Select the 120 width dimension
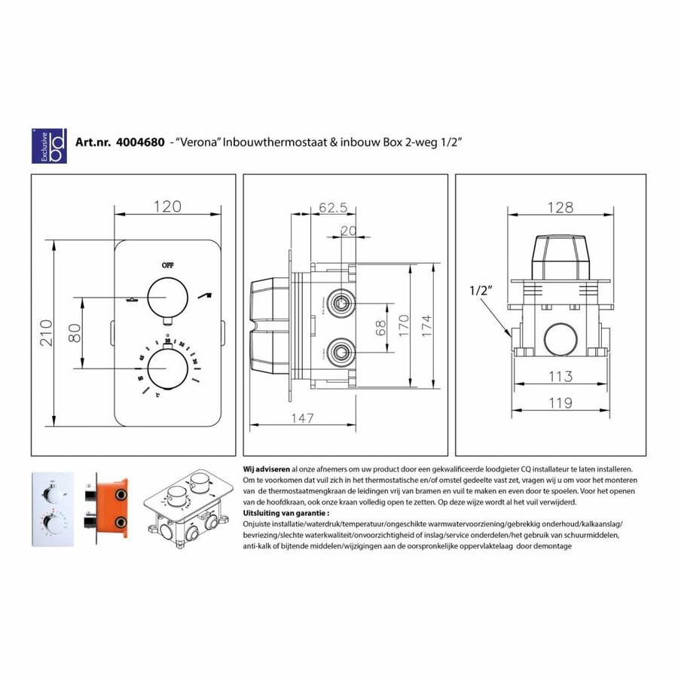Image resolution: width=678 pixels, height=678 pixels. point(168,206)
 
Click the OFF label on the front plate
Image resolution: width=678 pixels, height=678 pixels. point(167,265)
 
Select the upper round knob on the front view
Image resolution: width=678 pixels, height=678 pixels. point(167,297)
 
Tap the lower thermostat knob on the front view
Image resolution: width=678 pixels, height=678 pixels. point(167,368)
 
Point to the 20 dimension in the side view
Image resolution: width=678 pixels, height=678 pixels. point(348,232)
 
